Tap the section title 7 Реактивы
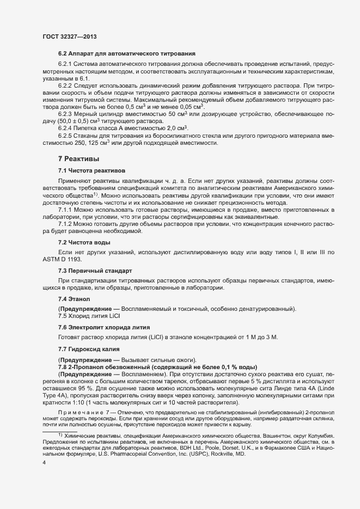tap(78, 158)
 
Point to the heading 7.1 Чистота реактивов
tap(91, 171)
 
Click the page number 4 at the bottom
tap(44, 463)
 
